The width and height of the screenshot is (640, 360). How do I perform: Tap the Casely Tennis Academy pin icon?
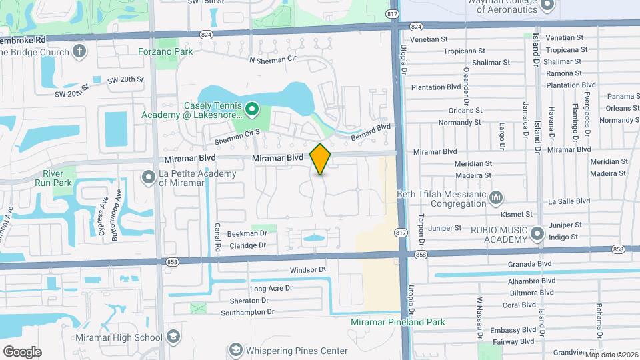252,108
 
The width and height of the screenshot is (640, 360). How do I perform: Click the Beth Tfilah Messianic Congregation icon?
495,197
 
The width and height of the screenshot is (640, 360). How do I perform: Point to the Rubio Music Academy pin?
538,234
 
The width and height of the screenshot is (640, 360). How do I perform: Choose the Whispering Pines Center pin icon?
235,350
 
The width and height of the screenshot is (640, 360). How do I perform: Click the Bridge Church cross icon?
79,51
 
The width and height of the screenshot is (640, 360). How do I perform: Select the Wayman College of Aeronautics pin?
548,5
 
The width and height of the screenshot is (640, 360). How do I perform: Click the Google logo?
22,351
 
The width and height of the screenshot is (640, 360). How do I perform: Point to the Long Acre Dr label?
271,289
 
